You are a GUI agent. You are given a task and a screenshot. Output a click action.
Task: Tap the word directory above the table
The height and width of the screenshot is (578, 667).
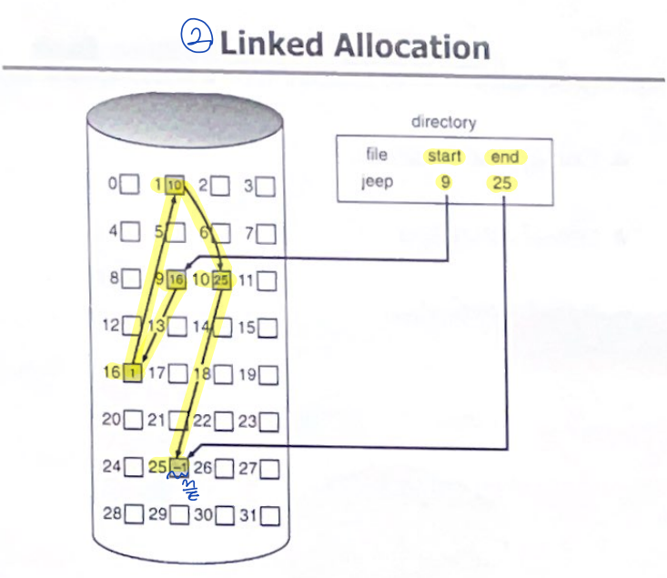coord(443,121)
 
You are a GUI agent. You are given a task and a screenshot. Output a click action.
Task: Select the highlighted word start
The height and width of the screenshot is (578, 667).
coord(445,156)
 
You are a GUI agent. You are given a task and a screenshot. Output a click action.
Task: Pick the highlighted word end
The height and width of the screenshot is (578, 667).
coord(504,157)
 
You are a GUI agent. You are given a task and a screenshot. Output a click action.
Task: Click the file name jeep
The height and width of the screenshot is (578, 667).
coord(378,182)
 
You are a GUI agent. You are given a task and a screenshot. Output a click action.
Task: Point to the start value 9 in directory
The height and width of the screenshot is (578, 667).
coord(445,183)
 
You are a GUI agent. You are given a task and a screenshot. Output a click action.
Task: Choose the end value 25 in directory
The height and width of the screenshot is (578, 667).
coord(503,183)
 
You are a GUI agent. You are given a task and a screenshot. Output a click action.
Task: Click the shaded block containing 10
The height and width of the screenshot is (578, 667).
coord(176,186)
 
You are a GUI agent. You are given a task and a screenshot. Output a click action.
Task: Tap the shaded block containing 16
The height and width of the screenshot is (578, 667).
coord(176,279)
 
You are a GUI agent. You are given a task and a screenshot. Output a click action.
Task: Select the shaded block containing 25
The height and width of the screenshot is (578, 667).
coord(221,279)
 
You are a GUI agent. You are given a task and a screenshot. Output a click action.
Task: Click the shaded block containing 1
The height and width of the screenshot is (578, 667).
coord(132,372)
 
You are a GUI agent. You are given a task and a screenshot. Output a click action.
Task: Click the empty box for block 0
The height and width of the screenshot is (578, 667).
coord(131,185)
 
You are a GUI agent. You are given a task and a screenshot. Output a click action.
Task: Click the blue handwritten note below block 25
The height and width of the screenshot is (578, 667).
coord(192,492)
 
